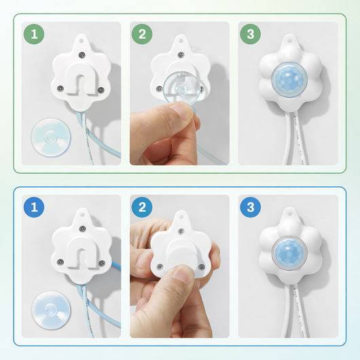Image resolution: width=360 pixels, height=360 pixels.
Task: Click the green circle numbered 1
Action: tap(34, 34)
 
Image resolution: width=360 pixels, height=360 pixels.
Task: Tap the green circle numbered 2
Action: tap(142, 34)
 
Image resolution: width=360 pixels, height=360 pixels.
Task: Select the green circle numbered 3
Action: tap(250, 34)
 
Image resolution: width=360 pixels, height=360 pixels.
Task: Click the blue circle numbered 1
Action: tap(34, 207)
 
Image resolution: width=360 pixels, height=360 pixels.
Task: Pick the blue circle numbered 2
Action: tap(142, 207)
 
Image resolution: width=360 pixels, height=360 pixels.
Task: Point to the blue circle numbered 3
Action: tap(250, 207)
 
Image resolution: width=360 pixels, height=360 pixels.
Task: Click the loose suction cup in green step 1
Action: tap(51, 137)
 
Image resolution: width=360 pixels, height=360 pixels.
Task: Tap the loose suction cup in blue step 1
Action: tap(51, 310)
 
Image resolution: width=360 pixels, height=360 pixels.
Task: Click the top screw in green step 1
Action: tap(82, 55)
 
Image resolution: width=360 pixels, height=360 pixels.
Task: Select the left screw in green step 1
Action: tap(60, 88)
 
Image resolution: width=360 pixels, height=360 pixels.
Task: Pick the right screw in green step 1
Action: tap(101, 90)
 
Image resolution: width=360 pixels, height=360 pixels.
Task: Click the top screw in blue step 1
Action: tap(82, 229)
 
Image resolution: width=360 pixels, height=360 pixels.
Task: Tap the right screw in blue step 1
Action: tap(101, 263)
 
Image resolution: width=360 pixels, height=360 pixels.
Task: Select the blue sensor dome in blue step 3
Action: tap(289, 253)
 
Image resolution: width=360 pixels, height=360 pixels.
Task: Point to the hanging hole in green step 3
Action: tap(289, 41)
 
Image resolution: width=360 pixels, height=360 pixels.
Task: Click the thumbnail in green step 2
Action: tap(181, 111)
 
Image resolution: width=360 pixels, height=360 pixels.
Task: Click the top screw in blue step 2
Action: tap(181, 231)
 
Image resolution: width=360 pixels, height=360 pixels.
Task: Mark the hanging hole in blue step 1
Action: tap(82, 215)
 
